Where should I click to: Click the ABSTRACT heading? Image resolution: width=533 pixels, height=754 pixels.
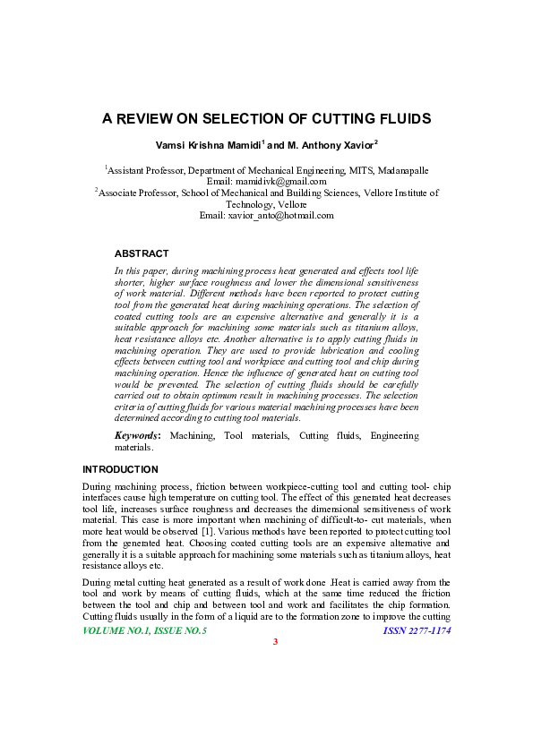[142, 254]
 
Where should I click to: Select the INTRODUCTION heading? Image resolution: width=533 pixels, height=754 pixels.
[120, 469]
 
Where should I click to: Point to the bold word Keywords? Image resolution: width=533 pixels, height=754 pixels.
[137, 436]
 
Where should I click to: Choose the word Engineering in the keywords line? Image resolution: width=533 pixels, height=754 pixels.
[393, 436]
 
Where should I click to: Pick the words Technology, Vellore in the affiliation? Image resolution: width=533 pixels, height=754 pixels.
[266, 204]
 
